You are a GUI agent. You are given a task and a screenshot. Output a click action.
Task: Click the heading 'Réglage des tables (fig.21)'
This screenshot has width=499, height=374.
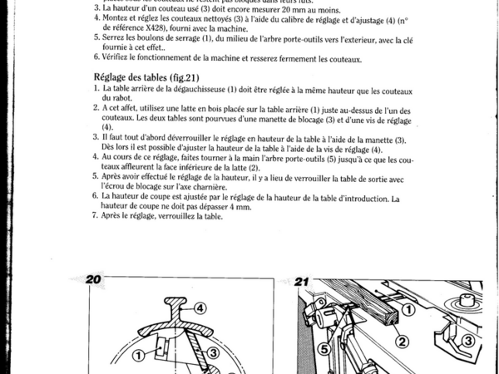point(141,76)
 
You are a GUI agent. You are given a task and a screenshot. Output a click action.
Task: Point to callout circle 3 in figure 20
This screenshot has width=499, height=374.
point(211,354)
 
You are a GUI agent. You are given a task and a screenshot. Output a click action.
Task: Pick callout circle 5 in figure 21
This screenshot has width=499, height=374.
point(325,349)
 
